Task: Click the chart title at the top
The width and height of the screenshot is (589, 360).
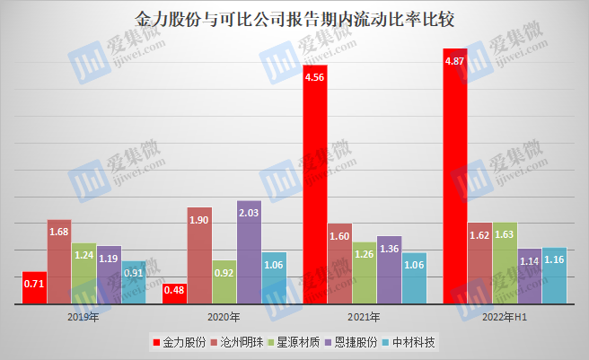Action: [294, 18]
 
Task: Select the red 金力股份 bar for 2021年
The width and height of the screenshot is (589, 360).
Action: [314, 184]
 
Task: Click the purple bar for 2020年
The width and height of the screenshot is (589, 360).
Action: [249, 252]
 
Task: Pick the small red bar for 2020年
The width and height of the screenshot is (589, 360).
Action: [174, 294]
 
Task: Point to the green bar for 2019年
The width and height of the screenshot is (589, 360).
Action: [84, 274]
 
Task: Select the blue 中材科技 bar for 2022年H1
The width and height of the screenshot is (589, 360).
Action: [554, 277]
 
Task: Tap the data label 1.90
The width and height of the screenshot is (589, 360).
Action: [199, 220]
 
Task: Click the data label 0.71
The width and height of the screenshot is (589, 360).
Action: [34, 284]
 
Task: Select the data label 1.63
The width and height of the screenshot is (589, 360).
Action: [505, 235]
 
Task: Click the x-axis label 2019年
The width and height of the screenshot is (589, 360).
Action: [84, 317]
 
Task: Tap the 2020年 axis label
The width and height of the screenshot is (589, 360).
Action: [224, 317]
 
